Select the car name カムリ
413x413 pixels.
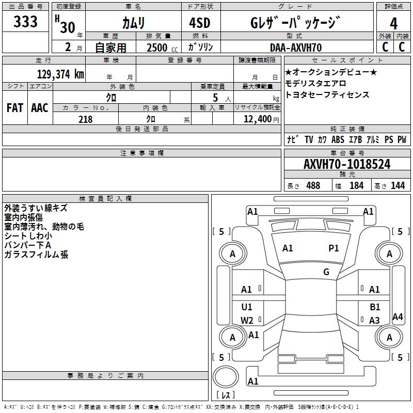click(x=133, y=23)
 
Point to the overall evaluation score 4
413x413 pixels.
click(x=394, y=23)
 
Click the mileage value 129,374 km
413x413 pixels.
click(x=60, y=74)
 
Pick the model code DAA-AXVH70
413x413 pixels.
click(x=296, y=47)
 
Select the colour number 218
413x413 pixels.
click(x=85, y=119)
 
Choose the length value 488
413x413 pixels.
click(x=313, y=186)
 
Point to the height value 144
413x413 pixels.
click(x=398, y=186)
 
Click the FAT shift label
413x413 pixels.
click(x=14, y=108)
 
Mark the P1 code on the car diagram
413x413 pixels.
click(x=334, y=248)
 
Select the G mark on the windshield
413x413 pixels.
click(x=326, y=272)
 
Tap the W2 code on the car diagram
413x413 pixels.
click(x=247, y=320)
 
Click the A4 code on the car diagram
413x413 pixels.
click(x=398, y=317)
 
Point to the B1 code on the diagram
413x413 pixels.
click(x=375, y=307)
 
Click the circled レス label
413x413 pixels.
click(x=226, y=395)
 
